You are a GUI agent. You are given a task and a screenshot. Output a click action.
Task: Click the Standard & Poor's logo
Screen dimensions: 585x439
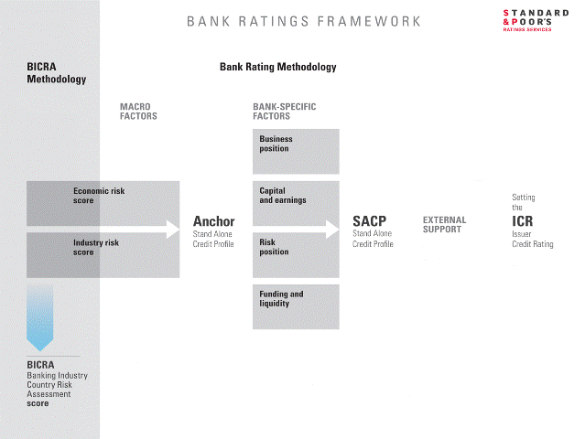[x=536, y=21]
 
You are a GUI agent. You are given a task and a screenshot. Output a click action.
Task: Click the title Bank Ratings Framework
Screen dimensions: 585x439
[x=304, y=21]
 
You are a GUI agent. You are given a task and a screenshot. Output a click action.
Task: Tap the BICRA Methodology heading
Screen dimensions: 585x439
[x=57, y=72]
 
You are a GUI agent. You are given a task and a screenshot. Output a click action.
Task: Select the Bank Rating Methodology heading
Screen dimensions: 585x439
[x=278, y=67]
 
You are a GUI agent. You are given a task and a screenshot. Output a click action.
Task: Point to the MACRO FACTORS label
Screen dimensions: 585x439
[x=138, y=112]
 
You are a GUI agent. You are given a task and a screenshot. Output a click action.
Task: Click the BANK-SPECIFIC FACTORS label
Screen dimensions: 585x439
[x=285, y=112]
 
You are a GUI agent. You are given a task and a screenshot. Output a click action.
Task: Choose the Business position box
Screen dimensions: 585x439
[x=296, y=151]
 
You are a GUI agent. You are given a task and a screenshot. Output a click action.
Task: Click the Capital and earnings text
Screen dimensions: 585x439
[x=283, y=196]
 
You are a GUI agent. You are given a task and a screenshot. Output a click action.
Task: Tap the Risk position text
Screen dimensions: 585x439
[x=274, y=247]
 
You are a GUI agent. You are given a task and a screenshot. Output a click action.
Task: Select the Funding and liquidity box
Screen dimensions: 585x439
[x=296, y=306]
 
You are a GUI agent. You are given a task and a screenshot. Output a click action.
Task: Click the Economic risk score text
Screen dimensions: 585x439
[x=99, y=196]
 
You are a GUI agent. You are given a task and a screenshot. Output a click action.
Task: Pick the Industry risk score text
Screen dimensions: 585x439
[x=96, y=248]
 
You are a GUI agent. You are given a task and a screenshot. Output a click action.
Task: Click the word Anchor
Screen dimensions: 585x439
[x=214, y=221]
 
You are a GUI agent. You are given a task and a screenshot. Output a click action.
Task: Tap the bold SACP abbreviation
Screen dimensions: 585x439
[x=369, y=221]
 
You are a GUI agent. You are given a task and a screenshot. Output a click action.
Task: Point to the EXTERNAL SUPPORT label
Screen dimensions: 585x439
[x=444, y=225]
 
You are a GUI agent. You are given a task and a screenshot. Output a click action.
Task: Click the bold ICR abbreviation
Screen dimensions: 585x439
[x=523, y=221]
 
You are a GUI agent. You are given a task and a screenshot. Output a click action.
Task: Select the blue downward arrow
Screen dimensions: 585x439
[x=40, y=318]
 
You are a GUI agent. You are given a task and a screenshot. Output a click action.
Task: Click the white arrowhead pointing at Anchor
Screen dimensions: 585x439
[x=173, y=230]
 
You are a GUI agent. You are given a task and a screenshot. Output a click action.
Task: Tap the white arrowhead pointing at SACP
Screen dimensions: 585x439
[x=332, y=230]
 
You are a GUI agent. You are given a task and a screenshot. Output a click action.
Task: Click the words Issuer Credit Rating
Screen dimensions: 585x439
[x=533, y=239]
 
